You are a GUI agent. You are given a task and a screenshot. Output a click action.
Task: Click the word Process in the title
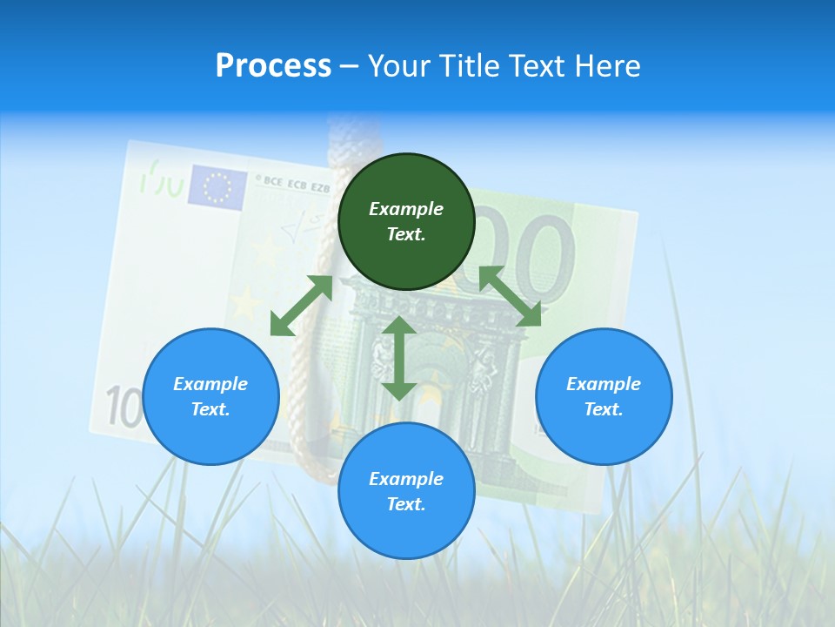click(273, 66)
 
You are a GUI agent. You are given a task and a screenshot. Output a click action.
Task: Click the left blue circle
click(210, 396)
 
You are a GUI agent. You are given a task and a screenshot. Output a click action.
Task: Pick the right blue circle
click(604, 396)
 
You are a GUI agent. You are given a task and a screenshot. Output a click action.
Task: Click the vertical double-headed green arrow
click(399, 358)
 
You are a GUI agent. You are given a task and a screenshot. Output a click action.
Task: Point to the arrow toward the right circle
click(510, 296)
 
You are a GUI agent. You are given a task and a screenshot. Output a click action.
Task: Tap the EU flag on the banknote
click(217, 186)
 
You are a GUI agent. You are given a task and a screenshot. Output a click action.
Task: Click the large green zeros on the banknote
click(539, 253)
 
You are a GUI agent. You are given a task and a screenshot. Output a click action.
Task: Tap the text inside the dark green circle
click(406, 221)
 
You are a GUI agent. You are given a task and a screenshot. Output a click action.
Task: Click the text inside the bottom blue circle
click(406, 491)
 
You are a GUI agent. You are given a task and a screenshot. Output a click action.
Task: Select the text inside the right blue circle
click(604, 396)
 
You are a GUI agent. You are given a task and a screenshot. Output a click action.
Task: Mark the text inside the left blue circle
click(210, 396)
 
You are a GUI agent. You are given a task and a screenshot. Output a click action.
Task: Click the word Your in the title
click(400, 66)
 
